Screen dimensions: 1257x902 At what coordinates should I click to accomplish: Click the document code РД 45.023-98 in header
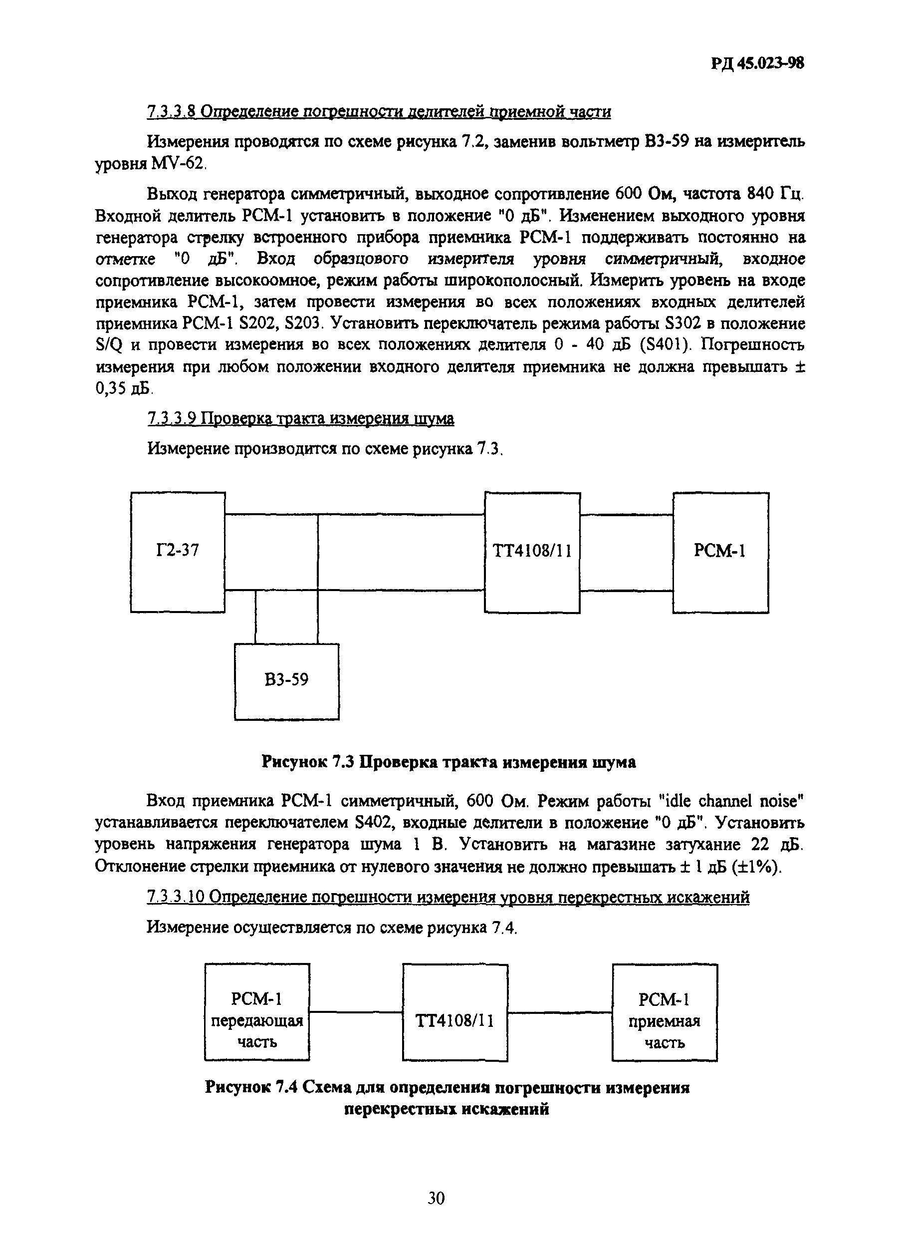point(756,64)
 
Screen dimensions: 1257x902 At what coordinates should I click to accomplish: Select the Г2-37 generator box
point(178,552)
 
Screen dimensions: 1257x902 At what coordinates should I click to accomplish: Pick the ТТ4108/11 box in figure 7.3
point(532,552)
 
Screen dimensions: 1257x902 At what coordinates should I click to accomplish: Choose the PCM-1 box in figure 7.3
point(720,552)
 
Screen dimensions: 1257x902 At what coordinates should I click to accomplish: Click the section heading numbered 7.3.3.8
point(379,112)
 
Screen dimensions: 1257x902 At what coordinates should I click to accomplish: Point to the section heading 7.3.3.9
point(300,418)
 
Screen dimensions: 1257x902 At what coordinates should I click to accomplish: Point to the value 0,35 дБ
point(123,389)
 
